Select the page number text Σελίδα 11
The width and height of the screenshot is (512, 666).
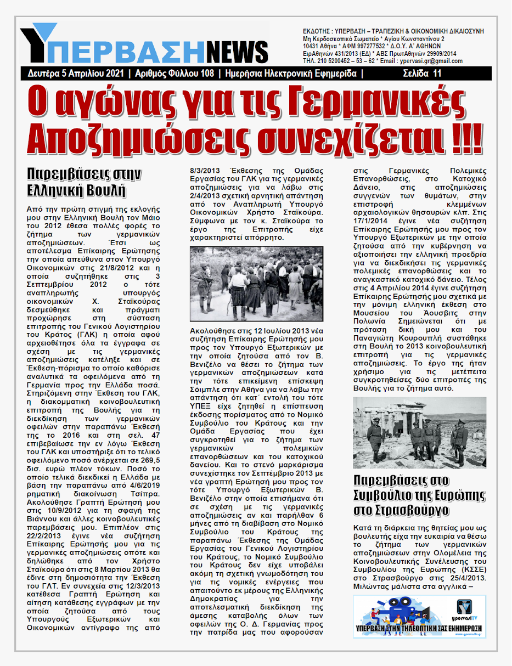point(421,74)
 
